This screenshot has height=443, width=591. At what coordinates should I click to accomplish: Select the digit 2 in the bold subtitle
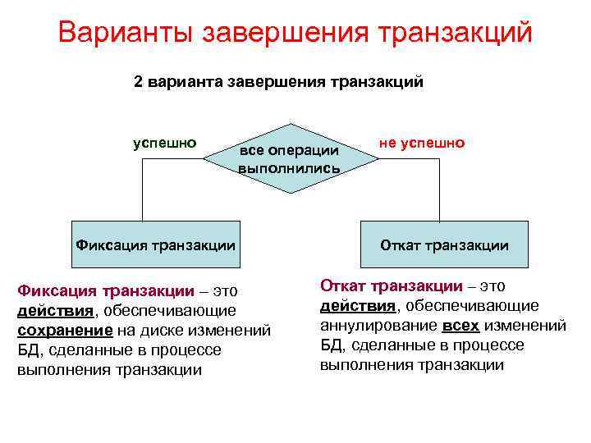tap(139, 82)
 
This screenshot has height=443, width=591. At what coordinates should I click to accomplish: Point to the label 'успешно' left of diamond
tap(165, 142)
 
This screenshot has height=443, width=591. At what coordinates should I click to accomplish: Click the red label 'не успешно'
tap(422, 143)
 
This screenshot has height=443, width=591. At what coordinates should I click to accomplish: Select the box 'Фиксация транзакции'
tap(156, 244)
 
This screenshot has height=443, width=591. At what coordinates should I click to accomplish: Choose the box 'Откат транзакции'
tap(444, 244)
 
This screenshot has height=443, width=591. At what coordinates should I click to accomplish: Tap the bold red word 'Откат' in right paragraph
tap(342, 285)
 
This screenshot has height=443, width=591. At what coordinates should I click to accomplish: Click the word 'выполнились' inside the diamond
tap(289, 168)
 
